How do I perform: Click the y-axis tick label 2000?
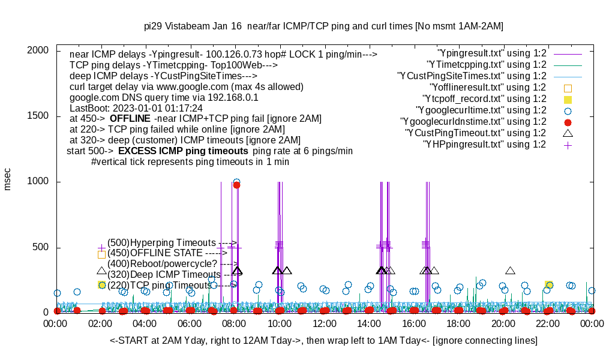pyautogui.click(x=38, y=50)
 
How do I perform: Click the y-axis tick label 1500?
pyautogui.click(x=38, y=116)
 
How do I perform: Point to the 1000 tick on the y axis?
pyautogui.click(x=38, y=182)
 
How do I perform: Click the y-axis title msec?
pyautogui.click(x=8, y=179)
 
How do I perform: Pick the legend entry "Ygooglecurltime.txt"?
pyautogui.click(x=481, y=110)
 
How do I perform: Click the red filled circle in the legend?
pyautogui.click(x=568, y=122)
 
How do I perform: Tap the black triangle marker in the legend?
pyautogui.click(x=568, y=133)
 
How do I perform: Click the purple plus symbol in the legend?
pyautogui.click(x=568, y=145)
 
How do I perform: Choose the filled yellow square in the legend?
pyautogui.click(x=568, y=99)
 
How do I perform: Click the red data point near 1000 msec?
pyautogui.click(x=236, y=185)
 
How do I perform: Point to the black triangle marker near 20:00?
pyautogui.click(x=511, y=271)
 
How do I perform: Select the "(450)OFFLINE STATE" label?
pyautogui.click(x=158, y=253)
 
